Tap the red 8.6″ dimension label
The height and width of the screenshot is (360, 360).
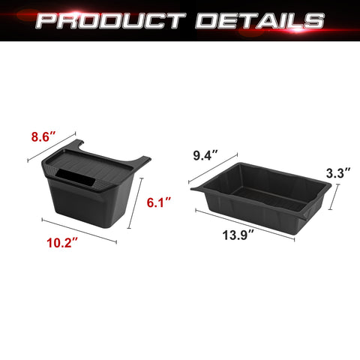coord(44,137)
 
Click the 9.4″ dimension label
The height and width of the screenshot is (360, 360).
coord(205,155)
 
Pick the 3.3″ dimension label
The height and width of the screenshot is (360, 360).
coord(338,173)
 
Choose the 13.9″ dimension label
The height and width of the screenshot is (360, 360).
coord(238,235)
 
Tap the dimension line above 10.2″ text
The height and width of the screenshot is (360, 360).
coord(79,230)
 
